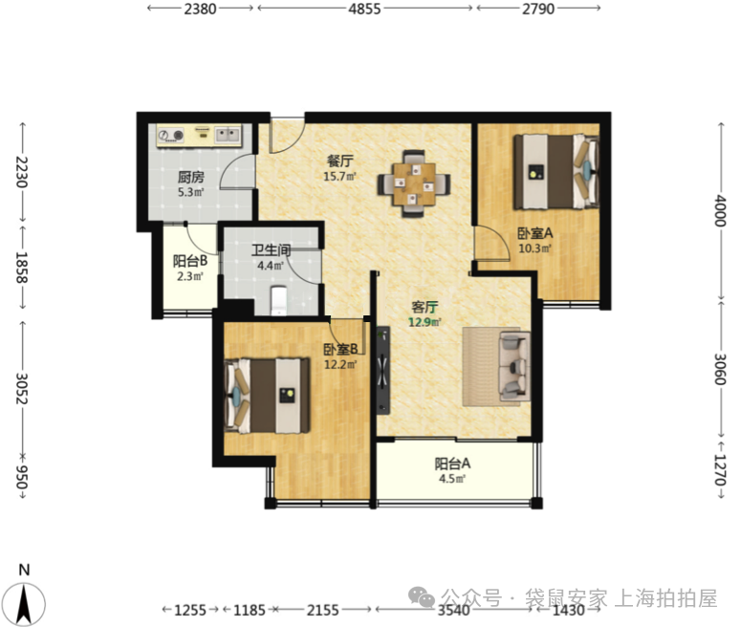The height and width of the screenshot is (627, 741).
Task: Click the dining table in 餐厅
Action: click(x=413, y=184)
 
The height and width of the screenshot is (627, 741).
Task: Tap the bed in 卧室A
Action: click(x=556, y=171)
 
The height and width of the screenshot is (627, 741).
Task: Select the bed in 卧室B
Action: click(x=267, y=396)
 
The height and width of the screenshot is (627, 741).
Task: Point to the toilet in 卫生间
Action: click(x=279, y=301)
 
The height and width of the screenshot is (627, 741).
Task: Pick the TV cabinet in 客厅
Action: click(x=383, y=370)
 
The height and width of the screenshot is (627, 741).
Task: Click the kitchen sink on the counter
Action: click(x=228, y=135)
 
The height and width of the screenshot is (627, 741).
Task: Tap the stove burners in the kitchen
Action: click(x=171, y=136)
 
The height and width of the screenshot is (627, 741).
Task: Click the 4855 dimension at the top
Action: click(x=364, y=9)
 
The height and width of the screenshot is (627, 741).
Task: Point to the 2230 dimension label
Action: click(x=22, y=171)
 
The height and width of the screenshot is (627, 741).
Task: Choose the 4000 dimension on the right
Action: click(x=719, y=210)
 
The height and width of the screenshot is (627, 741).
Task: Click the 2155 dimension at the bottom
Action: click(x=323, y=610)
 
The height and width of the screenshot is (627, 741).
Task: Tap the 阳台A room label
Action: click(x=452, y=464)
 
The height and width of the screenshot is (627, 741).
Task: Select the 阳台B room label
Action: click(x=190, y=261)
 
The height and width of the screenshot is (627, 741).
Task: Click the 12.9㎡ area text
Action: click(x=425, y=322)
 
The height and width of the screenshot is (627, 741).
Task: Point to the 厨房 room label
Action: click(x=191, y=177)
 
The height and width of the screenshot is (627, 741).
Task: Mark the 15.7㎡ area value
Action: click(x=339, y=176)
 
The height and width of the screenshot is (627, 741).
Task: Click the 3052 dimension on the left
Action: click(x=22, y=388)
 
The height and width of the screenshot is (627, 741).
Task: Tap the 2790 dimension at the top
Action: click(x=537, y=9)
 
